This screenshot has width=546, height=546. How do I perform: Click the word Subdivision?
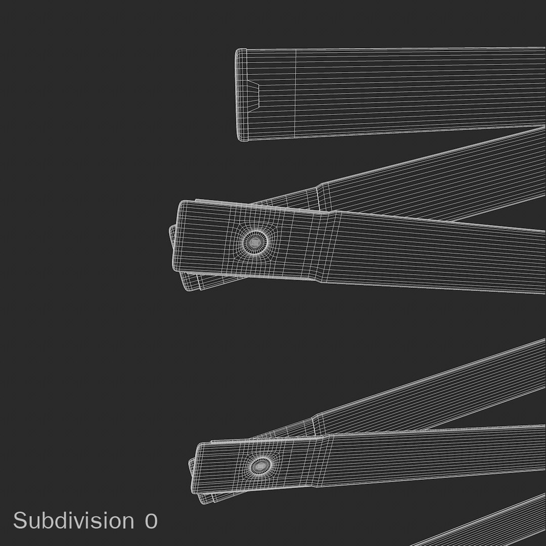tap(74, 521)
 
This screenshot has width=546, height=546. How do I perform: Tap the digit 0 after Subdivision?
tap(151, 521)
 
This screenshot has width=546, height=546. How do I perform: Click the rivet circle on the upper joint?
tap(256, 242)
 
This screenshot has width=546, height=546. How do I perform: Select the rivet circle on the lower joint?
tap(260, 465)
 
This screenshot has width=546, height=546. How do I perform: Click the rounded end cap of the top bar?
tap(241, 95)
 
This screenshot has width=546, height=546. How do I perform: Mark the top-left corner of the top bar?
tap(238, 50)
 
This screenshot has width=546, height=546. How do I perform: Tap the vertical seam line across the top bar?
tap(296, 94)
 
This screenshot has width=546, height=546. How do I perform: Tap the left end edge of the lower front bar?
tap(197, 468)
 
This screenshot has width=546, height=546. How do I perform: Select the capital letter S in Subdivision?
tap(20, 521)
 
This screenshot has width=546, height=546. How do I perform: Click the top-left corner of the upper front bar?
tap(181, 202)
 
